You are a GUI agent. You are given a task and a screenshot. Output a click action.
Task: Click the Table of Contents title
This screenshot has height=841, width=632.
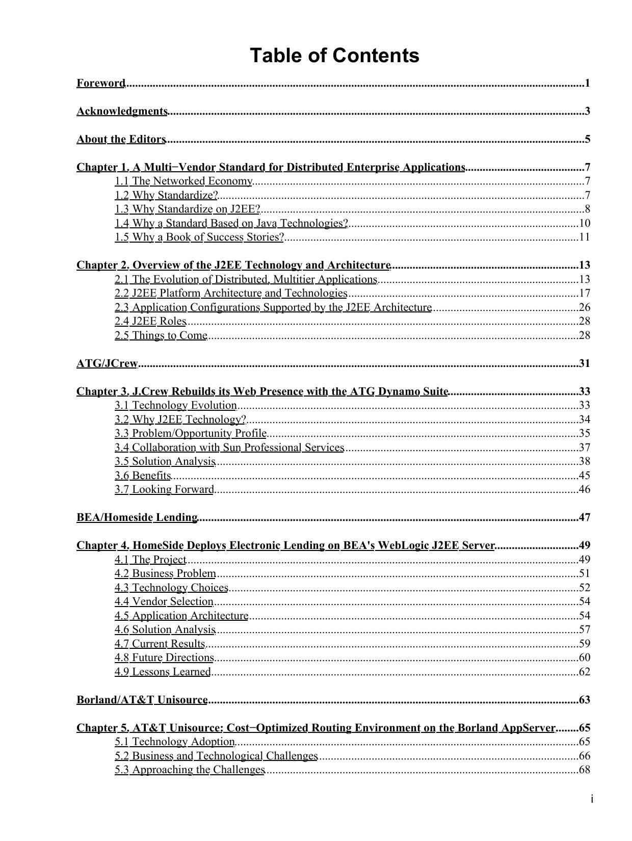(x=334, y=55)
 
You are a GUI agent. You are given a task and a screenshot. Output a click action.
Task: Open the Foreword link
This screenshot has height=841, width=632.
(x=101, y=83)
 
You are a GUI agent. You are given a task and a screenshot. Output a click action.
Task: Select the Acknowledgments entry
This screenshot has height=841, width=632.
(x=122, y=111)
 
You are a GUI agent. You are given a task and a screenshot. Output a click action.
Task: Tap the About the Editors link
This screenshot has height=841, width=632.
(x=121, y=139)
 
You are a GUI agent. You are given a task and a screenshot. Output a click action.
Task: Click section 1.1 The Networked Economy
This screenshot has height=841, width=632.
(x=183, y=181)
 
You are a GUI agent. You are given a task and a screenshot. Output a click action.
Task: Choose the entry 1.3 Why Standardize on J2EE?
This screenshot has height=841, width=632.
(x=188, y=209)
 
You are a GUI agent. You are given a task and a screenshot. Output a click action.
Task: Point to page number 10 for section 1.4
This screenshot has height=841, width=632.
(x=585, y=223)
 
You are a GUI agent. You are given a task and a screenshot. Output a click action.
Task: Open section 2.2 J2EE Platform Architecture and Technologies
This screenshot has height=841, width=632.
(x=231, y=293)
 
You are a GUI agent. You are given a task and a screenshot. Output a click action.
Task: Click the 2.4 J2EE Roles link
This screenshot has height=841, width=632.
(x=150, y=321)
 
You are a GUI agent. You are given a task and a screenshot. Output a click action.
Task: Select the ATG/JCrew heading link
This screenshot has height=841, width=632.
(x=107, y=363)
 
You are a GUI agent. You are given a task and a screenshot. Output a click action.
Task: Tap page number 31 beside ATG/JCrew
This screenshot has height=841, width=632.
(x=585, y=363)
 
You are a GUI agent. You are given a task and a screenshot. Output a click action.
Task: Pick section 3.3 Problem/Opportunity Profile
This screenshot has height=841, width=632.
(x=191, y=433)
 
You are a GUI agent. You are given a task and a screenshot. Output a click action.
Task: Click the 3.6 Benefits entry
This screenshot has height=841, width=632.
(x=143, y=476)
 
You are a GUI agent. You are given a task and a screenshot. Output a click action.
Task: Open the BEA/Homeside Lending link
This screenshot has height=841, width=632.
(x=137, y=517)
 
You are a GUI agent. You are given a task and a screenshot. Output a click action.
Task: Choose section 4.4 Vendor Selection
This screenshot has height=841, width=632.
(x=164, y=601)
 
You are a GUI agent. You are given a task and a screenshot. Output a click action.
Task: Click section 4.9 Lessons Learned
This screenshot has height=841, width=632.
(x=163, y=672)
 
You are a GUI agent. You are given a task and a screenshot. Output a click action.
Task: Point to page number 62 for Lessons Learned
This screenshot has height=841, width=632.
(x=585, y=672)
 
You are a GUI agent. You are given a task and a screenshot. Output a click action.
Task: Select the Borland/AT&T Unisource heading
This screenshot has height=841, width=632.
(x=142, y=700)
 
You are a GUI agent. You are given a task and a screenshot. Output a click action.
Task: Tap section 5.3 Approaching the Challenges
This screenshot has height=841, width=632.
(x=190, y=770)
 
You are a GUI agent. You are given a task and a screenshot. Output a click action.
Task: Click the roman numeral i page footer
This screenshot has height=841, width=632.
(x=592, y=799)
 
